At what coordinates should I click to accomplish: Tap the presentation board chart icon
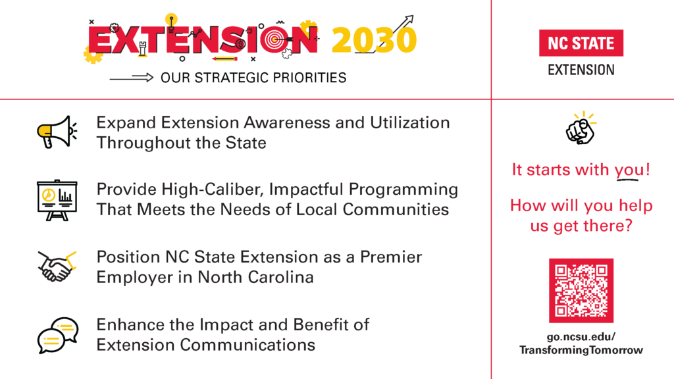coord(57,199)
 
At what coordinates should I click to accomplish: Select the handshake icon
coord(57,266)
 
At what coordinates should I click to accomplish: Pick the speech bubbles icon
coord(57,335)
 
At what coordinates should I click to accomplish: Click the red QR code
coord(581,291)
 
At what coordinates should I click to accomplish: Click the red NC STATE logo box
coord(581,43)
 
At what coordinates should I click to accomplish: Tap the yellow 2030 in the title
coord(374,41)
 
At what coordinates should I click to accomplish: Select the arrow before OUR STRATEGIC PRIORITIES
coord(131,78)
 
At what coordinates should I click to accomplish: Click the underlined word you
coord(630,170)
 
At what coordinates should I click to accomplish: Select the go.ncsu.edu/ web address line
coord(581,337)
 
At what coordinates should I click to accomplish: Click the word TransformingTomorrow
coord(581,350)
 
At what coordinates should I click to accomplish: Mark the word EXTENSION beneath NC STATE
coord(581,70)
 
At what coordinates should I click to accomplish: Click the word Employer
coord(131,277)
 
